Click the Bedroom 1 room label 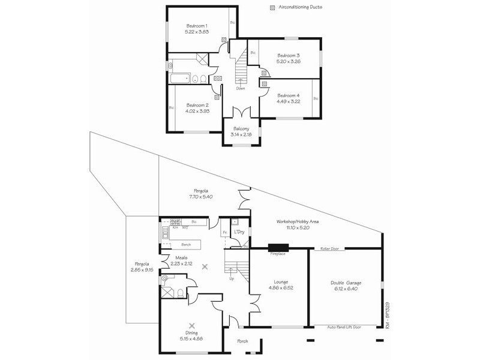(197, 26)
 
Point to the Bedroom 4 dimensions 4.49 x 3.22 (288, 101)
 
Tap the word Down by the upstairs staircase (241, 88)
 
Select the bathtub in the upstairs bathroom (179, 78)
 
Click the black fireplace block (278, 247)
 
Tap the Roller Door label (330, 248)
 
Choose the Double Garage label (346, 283)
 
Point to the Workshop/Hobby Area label (298, 221)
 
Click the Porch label (242, 341)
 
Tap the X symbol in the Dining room (192, 320)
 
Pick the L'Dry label (238, 232)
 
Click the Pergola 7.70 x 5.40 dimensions (201, 196)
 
